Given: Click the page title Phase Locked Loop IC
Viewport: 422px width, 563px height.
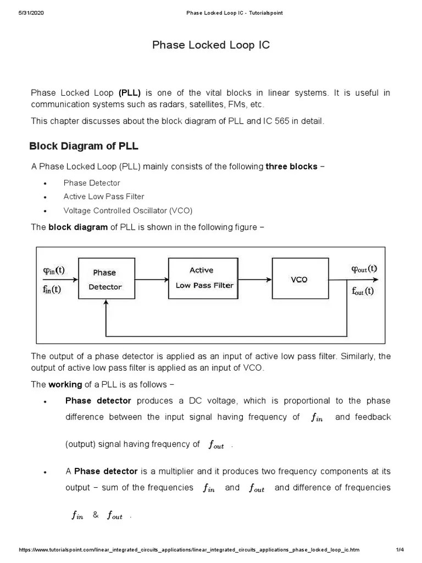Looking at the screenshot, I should click(211, 45).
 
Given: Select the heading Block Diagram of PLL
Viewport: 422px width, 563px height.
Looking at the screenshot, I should click(84, 146).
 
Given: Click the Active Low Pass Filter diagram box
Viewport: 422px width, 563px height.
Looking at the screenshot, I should click(204, 278).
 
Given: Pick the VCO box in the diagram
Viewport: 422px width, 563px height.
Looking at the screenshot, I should click(299, 279).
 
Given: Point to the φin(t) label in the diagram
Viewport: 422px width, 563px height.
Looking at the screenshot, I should click(54, 270).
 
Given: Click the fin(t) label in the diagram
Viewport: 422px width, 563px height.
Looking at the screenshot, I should click(52, 289).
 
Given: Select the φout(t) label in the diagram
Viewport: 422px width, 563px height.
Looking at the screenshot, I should click(364, 269).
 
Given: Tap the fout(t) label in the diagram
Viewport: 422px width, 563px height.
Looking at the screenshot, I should click(363, 291).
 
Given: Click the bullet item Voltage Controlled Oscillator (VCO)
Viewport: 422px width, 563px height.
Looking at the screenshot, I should click(128, 211).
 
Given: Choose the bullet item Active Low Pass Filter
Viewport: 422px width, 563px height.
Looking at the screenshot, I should click(104, 196).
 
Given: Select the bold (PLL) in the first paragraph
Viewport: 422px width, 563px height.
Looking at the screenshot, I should click(130, 93).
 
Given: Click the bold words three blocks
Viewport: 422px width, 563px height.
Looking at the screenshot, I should click(291, 167).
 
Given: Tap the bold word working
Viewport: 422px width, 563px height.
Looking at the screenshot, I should click(65, 384).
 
